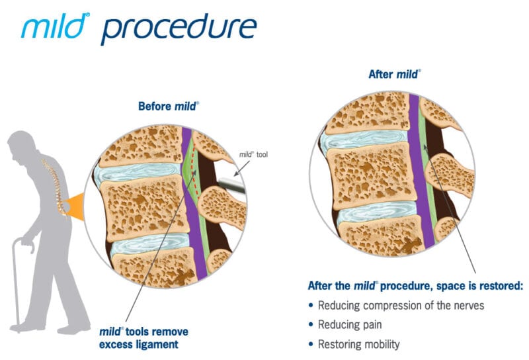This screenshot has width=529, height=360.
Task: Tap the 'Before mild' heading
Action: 168,106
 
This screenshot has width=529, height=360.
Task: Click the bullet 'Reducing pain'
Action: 350,325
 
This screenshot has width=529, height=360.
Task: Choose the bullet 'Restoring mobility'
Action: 358,344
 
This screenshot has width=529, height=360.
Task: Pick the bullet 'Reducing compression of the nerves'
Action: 391,306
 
